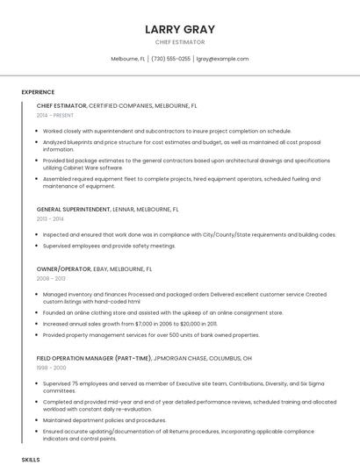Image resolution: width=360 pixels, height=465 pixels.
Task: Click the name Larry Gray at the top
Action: (x=180, y=29)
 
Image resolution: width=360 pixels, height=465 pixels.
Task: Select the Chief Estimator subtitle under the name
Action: (x=180, y=42)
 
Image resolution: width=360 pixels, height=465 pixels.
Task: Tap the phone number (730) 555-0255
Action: (x=170, y=59)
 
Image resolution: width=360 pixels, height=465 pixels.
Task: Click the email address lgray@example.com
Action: (x=222, y=59)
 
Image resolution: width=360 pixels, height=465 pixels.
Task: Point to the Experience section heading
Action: (x=38, y=92)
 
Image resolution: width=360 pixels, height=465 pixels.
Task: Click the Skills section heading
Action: (x=31, y=459)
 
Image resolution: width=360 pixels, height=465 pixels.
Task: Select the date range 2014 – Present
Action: (x=55, y=115)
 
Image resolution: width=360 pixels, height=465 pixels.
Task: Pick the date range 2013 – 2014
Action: (x=51, y=218)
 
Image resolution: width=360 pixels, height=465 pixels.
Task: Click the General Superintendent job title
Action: (x=74, y=210)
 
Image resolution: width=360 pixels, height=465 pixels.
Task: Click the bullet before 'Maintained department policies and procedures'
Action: (x=38, y=419)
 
